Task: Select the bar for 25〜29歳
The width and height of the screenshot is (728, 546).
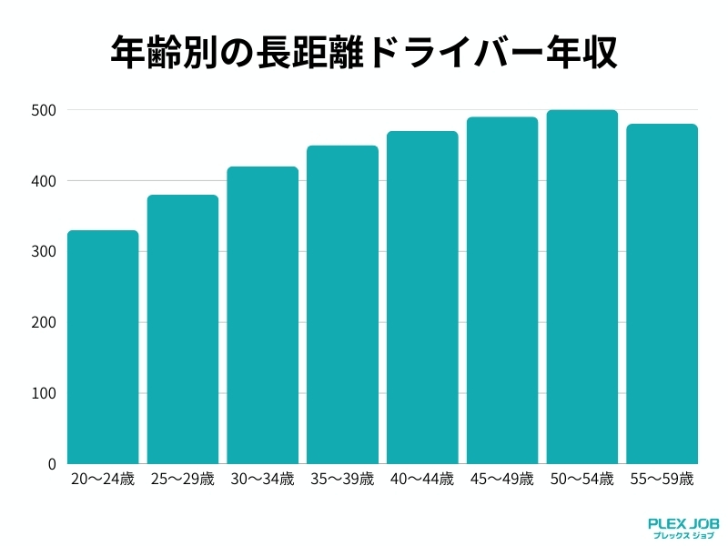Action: [183, 329]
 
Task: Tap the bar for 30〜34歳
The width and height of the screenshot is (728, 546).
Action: [263, 315]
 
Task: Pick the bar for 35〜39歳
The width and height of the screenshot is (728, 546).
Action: [342, 305]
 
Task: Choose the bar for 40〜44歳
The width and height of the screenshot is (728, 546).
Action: [422, 298]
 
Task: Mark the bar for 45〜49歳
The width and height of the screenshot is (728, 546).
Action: [502, 290]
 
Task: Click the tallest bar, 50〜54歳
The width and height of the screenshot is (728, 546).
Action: [582, 287]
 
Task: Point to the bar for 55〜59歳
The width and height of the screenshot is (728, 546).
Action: [662, 294]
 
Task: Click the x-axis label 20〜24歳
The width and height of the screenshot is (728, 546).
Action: [103, 479]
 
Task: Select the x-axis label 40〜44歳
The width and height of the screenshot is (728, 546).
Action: [422, 479]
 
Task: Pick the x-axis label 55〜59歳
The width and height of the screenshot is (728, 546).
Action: [662, 479]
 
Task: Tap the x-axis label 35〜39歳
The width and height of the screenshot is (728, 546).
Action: [342, 479]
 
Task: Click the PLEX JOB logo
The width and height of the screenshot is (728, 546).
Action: [682, 528]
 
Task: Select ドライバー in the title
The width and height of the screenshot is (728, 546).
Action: [460, 53]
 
